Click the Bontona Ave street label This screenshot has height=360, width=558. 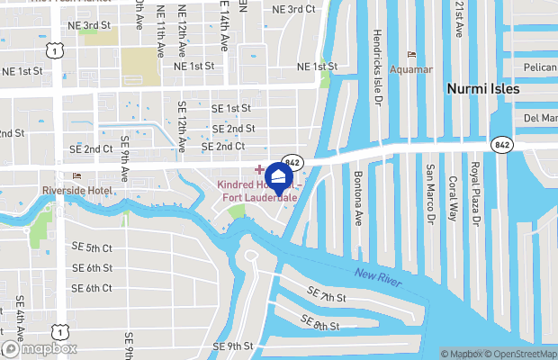pos(357,198)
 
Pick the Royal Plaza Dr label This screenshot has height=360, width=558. pos(478,193)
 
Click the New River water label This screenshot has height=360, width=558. pos(375,274)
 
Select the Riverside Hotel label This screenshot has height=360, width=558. pos(76,190)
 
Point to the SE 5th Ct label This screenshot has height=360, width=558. pos(93,247)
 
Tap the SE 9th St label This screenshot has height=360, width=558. pos(233,346)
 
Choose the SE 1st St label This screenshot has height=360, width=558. pos(231,108)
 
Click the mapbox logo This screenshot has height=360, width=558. pos(39,348)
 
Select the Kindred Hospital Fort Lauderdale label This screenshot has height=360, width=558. pos(256,192)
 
